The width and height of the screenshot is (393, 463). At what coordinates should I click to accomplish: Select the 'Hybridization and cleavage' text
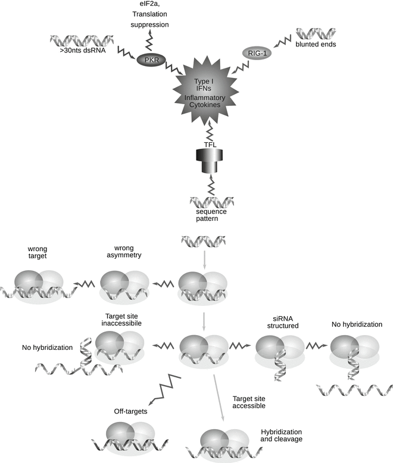point(281,435)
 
